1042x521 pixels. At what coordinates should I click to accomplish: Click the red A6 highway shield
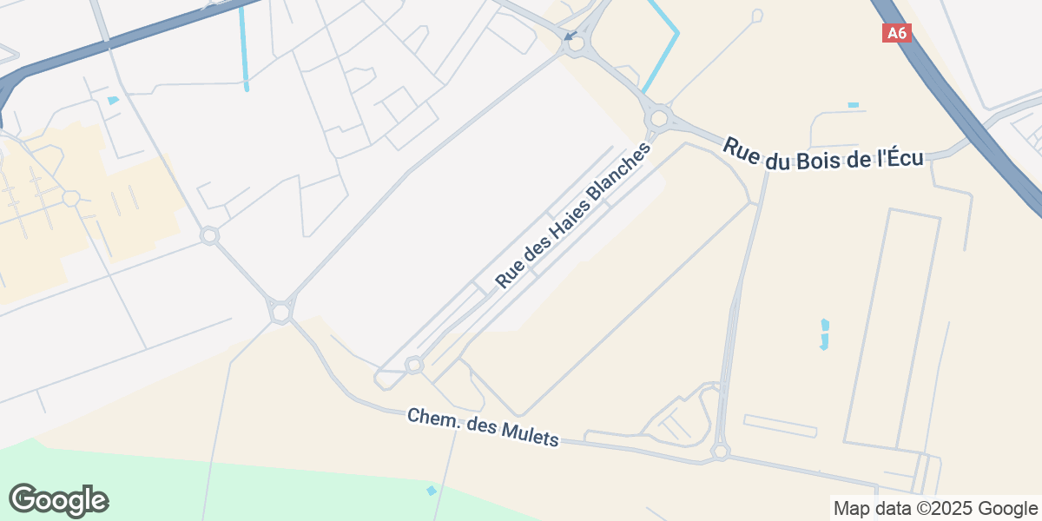(897, 33)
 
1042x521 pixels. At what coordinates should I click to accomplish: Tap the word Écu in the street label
(901, 160)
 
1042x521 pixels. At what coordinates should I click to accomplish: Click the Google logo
(59, 500)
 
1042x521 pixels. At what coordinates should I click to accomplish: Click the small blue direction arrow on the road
(570, 36)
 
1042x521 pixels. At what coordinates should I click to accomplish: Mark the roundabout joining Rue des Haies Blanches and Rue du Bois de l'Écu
(659, 116)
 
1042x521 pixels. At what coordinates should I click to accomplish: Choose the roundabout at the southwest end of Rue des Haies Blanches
(413, 365)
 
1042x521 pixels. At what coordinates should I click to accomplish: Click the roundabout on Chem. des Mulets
(720, 452)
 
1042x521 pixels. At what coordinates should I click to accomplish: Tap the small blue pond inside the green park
(432, 491)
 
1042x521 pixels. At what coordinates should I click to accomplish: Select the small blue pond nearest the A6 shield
(853, 105)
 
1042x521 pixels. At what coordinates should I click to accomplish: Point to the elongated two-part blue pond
(824, 334)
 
